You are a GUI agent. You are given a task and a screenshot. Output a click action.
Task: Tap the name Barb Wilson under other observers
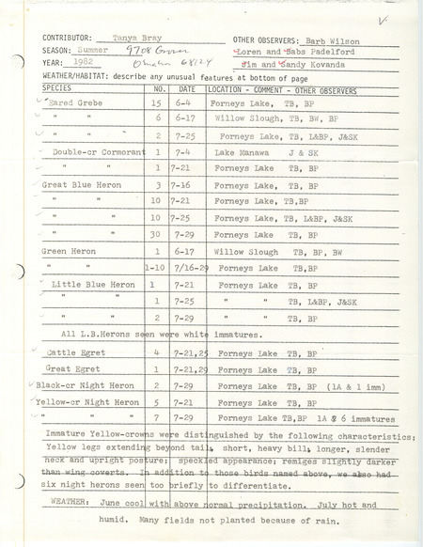tap(330, 41)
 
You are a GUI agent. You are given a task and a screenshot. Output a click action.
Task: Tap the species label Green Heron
tap(69, 251)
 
